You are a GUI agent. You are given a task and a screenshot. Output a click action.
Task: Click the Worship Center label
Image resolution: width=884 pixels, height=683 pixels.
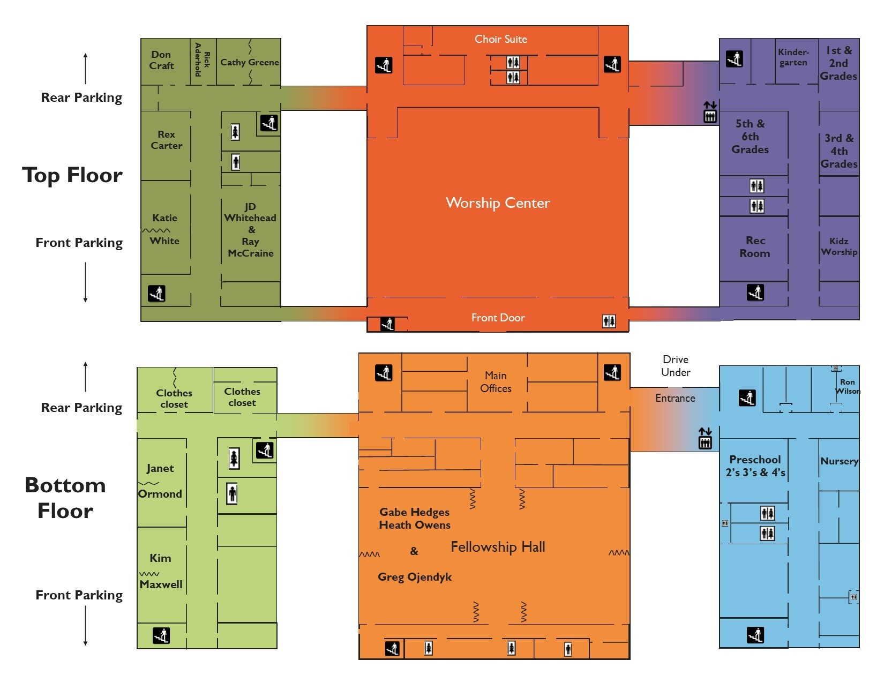coord(498,203)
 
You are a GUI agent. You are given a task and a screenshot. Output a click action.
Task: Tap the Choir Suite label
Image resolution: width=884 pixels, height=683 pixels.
coord(501,39)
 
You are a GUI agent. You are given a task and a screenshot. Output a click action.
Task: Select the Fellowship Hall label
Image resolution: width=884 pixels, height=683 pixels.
coord(498,547)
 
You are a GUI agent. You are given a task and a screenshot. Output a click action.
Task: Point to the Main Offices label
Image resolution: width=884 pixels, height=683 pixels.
coord(496,381)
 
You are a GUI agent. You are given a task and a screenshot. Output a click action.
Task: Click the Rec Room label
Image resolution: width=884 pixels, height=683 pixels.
coord(755,247)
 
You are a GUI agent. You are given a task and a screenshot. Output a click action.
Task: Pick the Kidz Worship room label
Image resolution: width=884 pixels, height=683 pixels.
coord(839,246)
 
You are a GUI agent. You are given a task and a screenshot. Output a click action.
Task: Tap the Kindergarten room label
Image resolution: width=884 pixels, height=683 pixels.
coord(793,57)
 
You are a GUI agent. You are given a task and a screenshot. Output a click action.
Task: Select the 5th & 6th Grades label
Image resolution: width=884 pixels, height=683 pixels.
coord(750,137)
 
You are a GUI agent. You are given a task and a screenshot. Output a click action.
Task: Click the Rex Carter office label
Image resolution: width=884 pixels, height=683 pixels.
coord(167,140)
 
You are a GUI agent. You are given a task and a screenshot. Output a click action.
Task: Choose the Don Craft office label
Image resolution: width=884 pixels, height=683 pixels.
coord(161,60)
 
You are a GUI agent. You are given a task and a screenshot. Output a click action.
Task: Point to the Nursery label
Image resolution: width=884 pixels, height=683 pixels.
coord(839,461)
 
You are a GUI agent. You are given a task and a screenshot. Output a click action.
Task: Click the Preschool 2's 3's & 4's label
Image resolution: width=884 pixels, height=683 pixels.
coord(755,466)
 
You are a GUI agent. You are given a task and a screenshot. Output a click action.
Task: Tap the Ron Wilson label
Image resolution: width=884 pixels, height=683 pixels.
coord(848,386)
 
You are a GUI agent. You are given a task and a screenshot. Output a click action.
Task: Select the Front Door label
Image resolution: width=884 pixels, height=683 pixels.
coord(498,318)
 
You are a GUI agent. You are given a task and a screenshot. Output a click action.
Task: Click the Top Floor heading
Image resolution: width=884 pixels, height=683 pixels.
coord(72,175)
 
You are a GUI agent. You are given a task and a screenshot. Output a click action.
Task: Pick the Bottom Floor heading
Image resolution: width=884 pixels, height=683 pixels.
coord(65,498)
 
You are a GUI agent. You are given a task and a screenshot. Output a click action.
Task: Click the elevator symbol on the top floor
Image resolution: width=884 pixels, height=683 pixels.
coord(710,112)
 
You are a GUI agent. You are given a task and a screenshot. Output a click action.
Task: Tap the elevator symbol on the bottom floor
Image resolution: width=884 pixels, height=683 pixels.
coord(705,438)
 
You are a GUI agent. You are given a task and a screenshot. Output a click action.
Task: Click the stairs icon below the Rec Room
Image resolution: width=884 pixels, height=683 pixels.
coord(755,292)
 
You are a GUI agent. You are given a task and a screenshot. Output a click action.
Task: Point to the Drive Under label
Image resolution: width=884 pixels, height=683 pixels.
coord(675,366)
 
